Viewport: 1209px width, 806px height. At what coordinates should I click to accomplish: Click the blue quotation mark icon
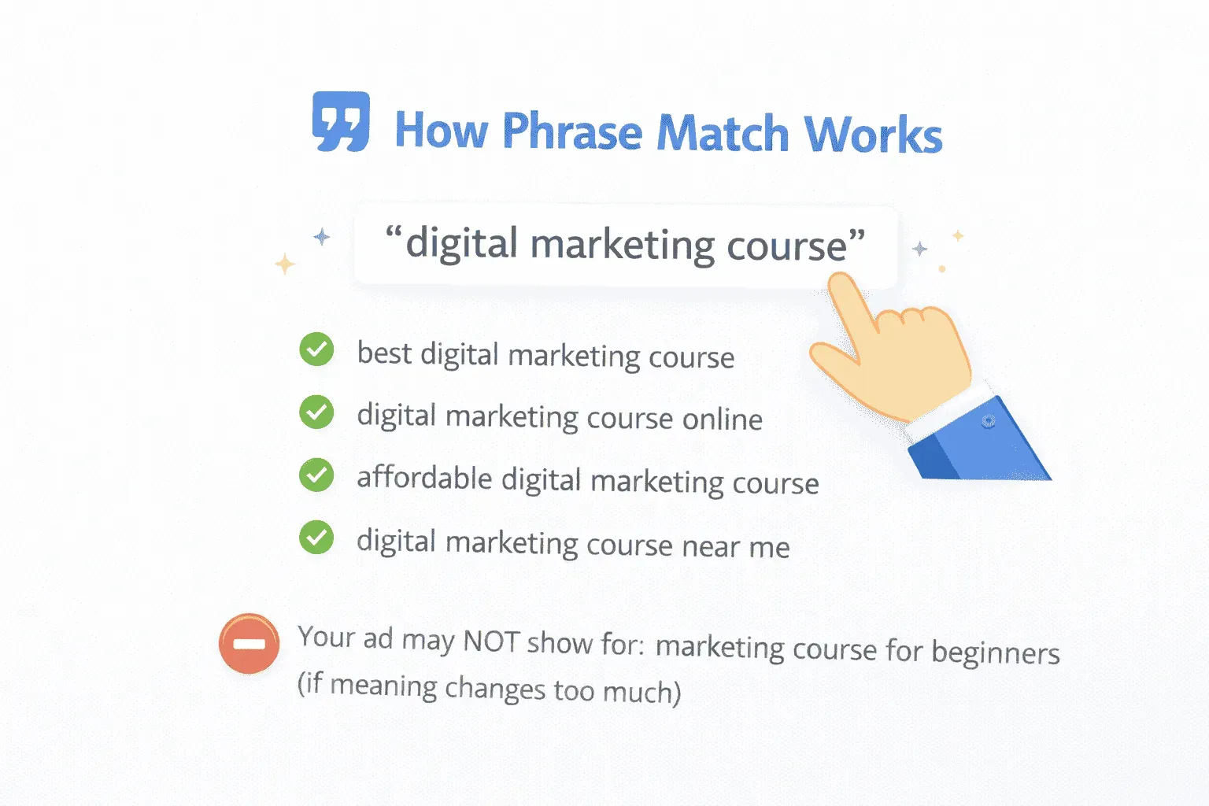(341, 122)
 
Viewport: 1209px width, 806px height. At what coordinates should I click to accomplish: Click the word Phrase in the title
(572, 131)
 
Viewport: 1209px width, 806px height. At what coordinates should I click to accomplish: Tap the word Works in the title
(873, 135)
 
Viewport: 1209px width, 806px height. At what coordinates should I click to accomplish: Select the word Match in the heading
(723, 133)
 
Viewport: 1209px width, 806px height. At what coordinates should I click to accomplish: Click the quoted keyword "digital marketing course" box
(625, 245)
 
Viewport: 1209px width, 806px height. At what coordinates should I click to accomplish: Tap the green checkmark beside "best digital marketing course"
(316, 349)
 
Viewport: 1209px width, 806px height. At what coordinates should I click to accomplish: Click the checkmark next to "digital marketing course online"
(316, 412)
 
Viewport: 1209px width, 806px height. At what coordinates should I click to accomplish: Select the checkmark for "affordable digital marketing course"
(316, 475)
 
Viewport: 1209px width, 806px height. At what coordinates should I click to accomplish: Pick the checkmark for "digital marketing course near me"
(316, 538)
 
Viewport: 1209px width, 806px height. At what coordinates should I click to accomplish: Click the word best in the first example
(384, 353)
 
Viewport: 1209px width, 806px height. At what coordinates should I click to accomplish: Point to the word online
(723, 419)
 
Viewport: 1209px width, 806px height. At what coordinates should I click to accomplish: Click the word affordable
(424, 478)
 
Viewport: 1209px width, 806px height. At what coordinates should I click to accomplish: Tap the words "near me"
(735, 546)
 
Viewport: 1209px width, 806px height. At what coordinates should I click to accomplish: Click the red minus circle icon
(249, 644)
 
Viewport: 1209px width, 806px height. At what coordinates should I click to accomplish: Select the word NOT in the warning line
(491, 641)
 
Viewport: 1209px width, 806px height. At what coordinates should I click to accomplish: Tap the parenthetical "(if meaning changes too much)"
(489, 688)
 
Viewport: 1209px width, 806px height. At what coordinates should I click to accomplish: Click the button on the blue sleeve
(989, 422)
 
